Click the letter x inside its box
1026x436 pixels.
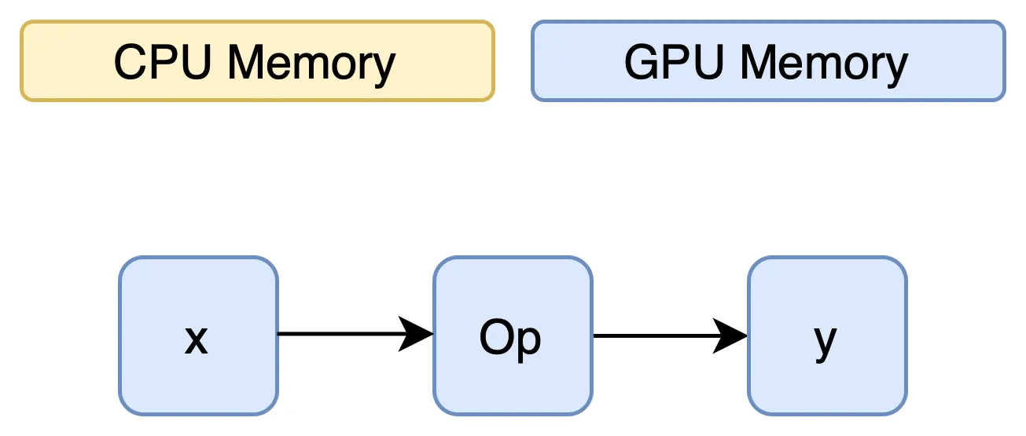point(197,340)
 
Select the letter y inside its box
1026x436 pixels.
point(826,342)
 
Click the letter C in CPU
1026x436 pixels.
point(131,62)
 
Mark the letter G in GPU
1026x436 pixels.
point(642,62)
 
